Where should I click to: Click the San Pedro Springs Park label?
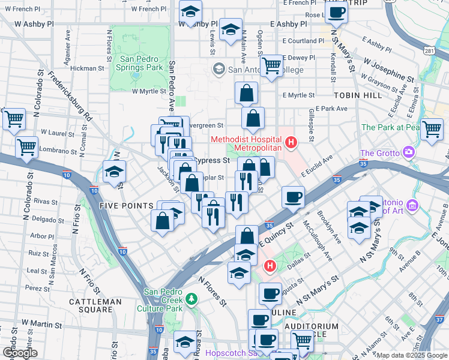coord(141,64)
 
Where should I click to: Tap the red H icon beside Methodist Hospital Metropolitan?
coord(291,142)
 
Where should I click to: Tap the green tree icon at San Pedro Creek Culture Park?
coord(191,298)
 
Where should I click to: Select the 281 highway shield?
coord(429,52)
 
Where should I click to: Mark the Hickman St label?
coord(88,68)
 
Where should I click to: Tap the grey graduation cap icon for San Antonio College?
coord(218,69)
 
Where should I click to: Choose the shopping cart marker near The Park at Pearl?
coord(432,128)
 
